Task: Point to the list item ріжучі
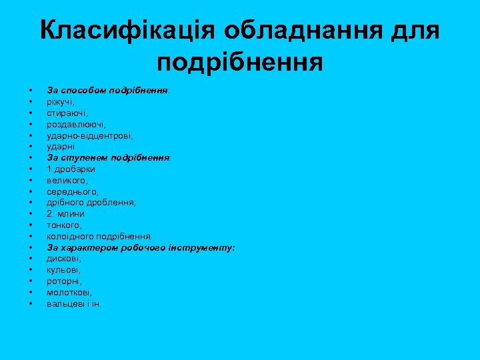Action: (61, 101)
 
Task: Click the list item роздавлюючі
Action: (76, 124)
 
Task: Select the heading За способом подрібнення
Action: (107, 90)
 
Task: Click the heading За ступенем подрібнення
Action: (109, 158)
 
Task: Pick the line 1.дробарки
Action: (71, 169)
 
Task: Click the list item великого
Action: (67, 180)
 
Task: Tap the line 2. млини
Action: (65, 214)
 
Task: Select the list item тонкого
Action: (64, 225)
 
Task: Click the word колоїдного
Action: (71, 236)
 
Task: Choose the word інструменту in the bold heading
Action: (204, 247)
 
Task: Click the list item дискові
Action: (64, 259)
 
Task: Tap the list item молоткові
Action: (69, 293)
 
